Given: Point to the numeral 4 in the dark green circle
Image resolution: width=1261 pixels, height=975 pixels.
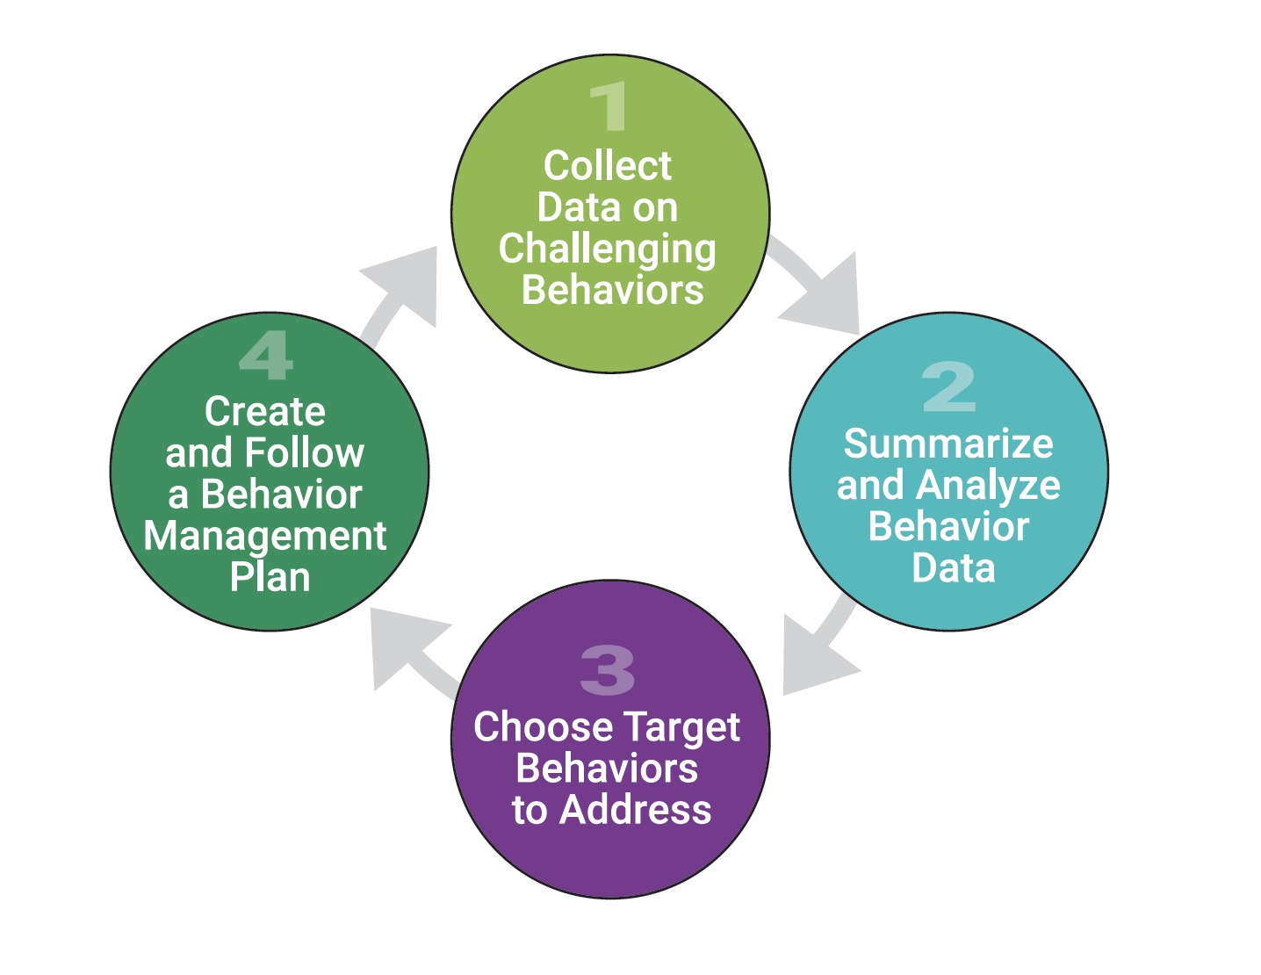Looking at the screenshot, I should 266,356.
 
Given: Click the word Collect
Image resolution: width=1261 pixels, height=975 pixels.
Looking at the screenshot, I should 608,165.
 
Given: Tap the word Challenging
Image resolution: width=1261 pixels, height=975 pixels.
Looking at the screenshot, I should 608,249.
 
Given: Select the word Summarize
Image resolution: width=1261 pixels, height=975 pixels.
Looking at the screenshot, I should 948,444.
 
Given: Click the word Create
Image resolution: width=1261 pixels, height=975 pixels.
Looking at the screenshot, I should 265,411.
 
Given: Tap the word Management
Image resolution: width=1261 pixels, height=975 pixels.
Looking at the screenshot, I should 265,536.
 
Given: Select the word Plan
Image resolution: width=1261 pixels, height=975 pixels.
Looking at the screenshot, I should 270,577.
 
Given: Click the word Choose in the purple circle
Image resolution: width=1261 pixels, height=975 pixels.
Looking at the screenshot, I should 543,727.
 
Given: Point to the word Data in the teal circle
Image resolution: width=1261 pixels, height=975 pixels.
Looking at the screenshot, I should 954,568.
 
